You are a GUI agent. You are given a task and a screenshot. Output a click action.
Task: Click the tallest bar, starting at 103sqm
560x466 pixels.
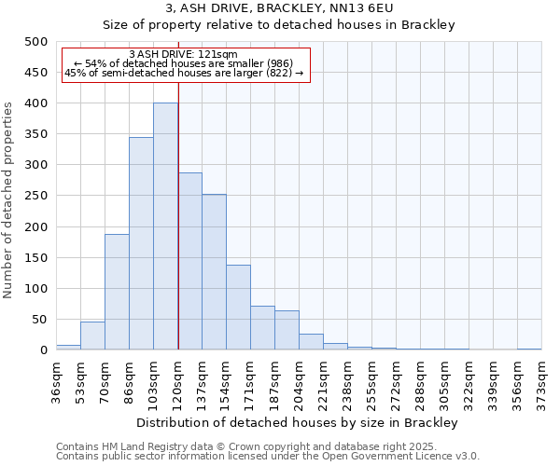(x=165, y=226)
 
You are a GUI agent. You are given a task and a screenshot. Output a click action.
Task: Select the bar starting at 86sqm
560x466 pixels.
(x=141, y=243)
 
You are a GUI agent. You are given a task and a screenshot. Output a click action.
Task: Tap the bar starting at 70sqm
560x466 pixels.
(x=117, y=292)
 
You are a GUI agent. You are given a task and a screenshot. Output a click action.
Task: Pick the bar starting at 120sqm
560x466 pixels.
(x=189, y=261)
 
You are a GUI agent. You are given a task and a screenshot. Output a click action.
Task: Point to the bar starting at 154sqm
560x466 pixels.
(x=238, y=308)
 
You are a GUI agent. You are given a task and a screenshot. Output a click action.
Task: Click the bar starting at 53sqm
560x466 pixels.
(x=92, y=336)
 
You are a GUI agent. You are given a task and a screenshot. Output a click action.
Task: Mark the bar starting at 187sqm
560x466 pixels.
(x=287, y=330)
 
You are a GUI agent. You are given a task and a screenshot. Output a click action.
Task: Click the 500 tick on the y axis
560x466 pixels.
(x=36, y=42)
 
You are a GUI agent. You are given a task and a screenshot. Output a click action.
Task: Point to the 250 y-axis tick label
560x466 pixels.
(x=36, y=196)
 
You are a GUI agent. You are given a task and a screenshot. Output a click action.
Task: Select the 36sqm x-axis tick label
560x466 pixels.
(x=57, y=380)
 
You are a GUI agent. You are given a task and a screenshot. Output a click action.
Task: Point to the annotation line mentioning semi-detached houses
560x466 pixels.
(x=184, y=73)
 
